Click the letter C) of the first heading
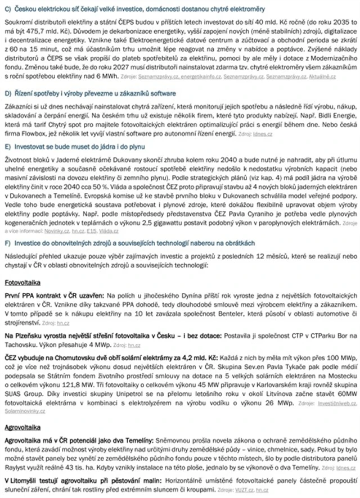click(x=7, y=8)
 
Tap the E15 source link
click(x=84, y=230)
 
